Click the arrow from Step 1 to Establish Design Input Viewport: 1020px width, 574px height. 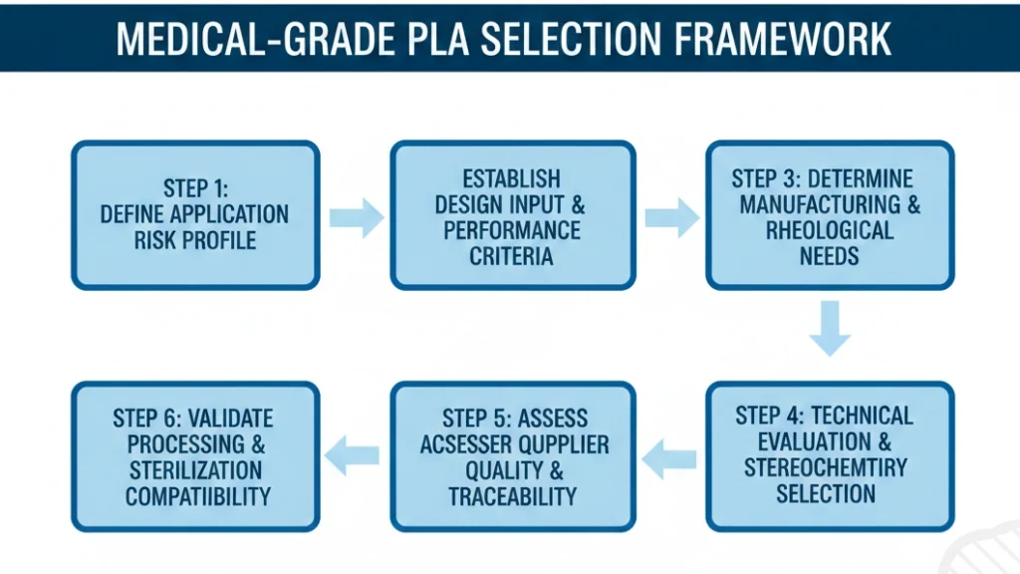pyautogui.click(x=357, y=217)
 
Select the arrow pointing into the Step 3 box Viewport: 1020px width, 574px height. pyautogui.click(x=671, y=217)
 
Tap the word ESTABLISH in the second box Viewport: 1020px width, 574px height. pyautogui.click(x=511, y=179)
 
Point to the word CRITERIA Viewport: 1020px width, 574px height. pyautogui.click(x=511, y=256)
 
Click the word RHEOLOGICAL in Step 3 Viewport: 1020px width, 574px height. pyautogui.click(x=829, y=230)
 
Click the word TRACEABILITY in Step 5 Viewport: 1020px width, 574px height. pyautogui.click(x=512, y=495)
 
